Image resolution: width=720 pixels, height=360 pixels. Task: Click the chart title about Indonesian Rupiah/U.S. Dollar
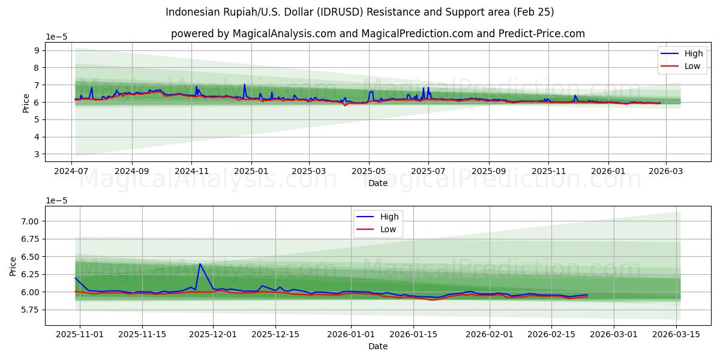pyautogui.click(x=360, y=12)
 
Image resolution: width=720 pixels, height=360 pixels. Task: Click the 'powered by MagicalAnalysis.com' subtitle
pyautogui.click(x=378, y=34)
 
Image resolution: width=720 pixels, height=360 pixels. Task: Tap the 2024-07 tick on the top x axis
pyautogui.click(x=72, y=170)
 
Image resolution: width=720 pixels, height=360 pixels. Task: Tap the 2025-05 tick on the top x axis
pyautogui.click(x=369, y=170)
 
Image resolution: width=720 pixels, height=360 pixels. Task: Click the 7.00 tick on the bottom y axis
pyautogui.click(x=29, y=221)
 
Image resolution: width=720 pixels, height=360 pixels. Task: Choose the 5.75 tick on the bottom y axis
pyautogui.click(x=29, y=310)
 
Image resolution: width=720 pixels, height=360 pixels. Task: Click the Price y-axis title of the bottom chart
pyautogui.click(x=13, y=266)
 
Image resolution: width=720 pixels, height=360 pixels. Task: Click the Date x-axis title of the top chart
pyautogui.click(x=378, y=183)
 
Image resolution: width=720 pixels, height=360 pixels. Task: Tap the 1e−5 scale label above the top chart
pyautogui.click(x=56, y=37)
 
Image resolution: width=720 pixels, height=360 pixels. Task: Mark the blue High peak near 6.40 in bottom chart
pyautogui.click(x=200, y=264)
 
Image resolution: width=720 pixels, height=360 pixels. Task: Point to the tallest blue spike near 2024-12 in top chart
pyautogui.click(x=244, y=84)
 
